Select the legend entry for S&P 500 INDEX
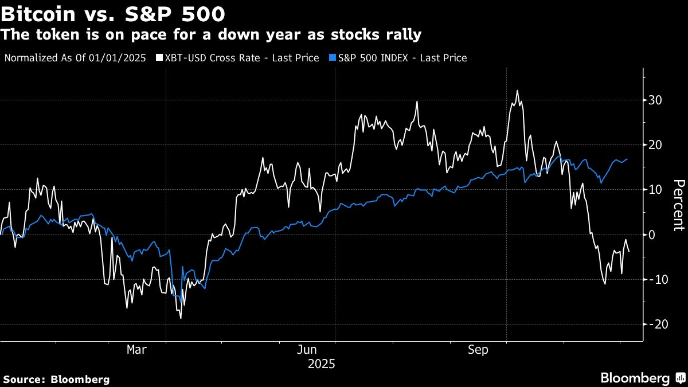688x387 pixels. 401,58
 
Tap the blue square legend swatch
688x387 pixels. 333,58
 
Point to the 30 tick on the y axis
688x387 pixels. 655,100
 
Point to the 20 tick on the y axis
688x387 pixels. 655,145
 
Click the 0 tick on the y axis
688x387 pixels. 652,234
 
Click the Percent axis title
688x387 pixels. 679,205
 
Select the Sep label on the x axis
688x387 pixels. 478,350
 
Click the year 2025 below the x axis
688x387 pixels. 321,364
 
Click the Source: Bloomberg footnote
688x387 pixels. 56,379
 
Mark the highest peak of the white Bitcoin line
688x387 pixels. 517,91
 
